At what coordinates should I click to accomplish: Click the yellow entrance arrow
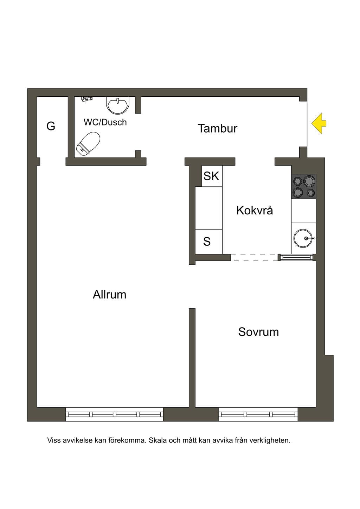click(319, 123)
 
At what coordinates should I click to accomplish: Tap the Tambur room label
click(218, 128)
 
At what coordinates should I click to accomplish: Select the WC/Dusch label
click(105, 122)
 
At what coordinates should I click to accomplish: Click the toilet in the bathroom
click(88, 144)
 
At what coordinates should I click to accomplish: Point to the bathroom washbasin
click(118, 105)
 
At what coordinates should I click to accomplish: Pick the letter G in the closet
click(51, 126)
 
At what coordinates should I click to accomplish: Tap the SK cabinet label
click(211, 176)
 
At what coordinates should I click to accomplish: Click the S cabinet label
click(207, 241)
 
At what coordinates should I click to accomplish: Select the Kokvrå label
click(255, 210)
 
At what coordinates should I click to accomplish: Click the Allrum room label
click(110, 295)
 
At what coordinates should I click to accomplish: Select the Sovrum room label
click(258, 332)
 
